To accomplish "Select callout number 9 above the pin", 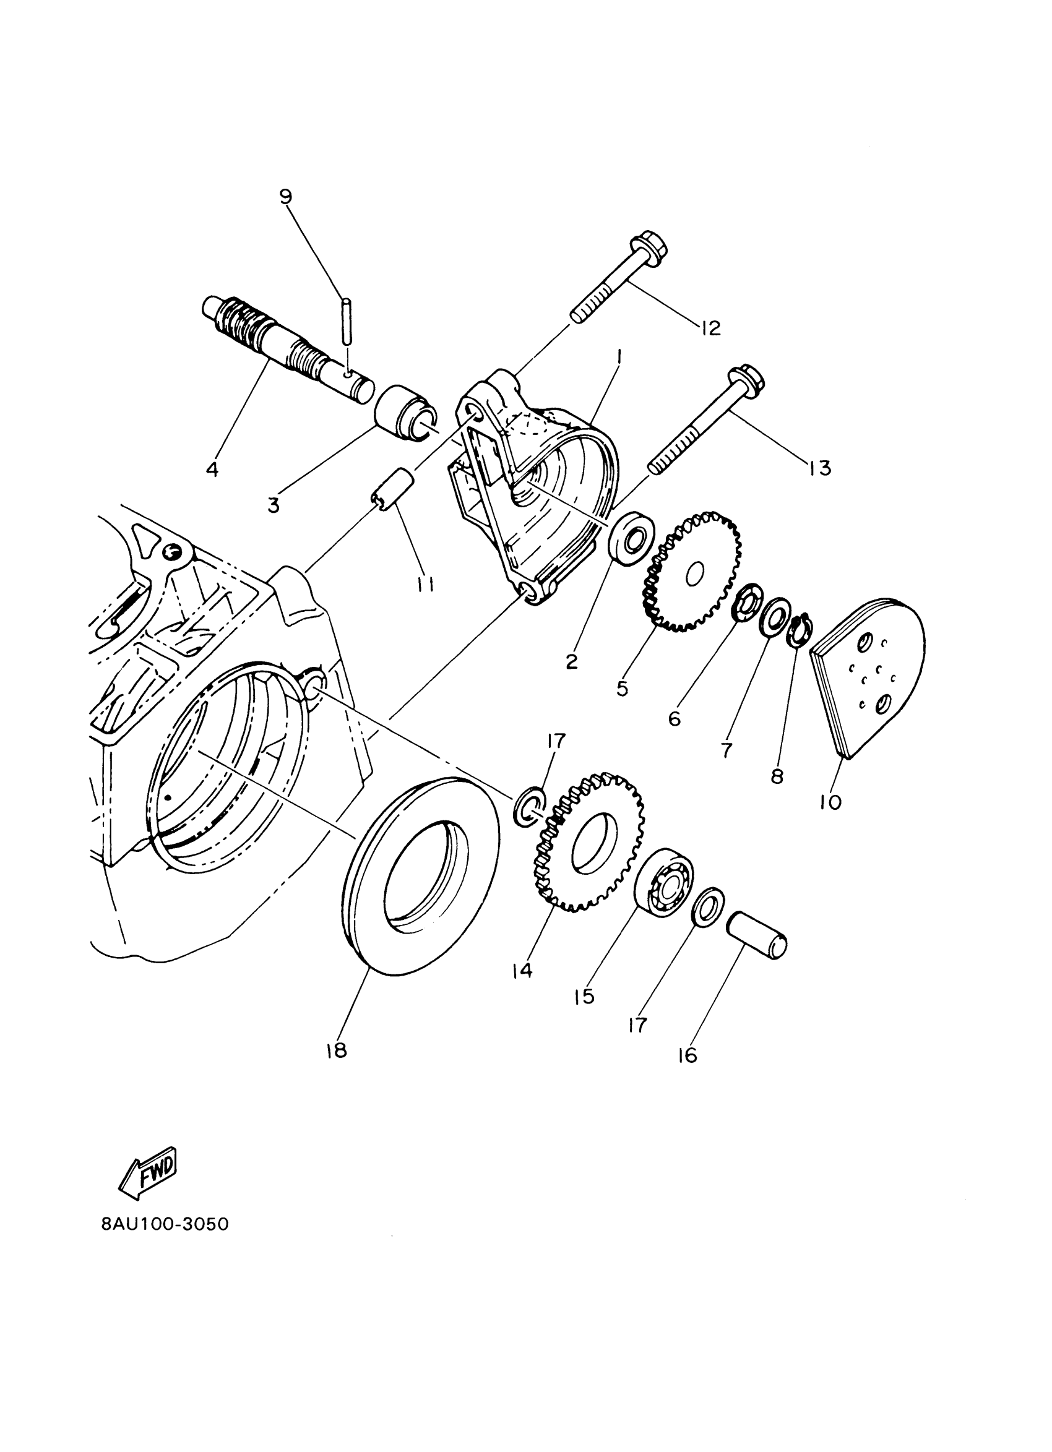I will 285,197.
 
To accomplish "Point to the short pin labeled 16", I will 756,939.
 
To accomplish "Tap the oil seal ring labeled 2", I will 632,535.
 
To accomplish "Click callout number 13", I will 819,468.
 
